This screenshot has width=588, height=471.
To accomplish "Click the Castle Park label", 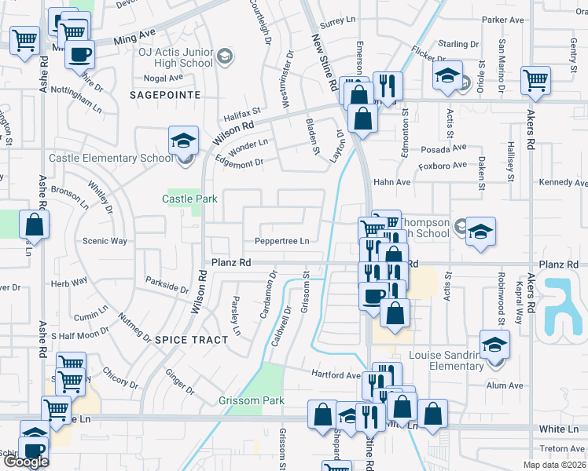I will click(189, 199).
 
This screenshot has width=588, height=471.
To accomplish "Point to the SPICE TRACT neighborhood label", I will click(183, 339).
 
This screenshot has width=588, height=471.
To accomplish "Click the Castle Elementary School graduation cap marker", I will click(183, 141).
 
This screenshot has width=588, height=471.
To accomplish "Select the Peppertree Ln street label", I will click(281, 241).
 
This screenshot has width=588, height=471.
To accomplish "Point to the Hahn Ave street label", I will click(392, 182).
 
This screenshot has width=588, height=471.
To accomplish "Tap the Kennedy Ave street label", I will click(563, 182).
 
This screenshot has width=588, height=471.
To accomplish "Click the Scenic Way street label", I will click(105, 241).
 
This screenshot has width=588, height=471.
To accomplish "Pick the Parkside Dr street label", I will click(167, 284).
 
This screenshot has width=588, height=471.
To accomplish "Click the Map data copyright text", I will click(553, 465).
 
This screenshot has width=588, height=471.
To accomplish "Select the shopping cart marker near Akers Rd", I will click(535, 80).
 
